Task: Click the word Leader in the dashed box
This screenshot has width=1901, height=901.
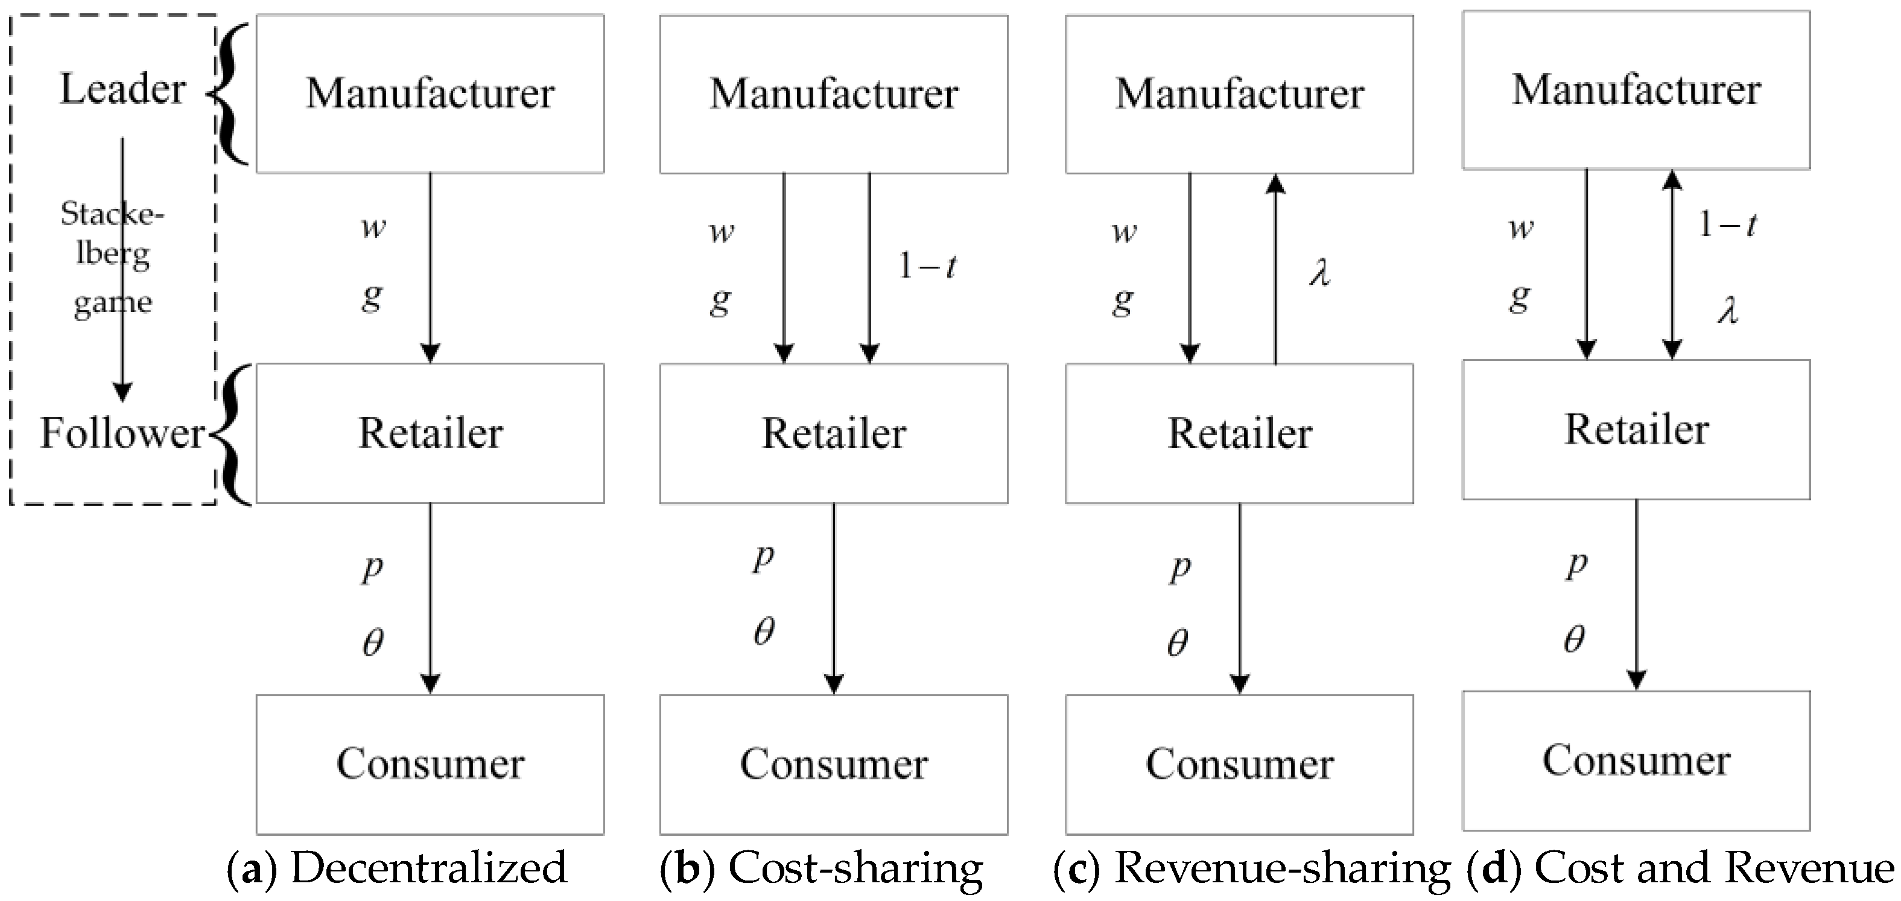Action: (122, 89)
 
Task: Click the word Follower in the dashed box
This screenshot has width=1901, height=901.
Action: (122, 433)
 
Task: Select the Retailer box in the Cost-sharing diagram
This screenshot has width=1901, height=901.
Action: (833, 433)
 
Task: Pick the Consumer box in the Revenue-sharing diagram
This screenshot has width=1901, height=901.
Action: (1239, 764)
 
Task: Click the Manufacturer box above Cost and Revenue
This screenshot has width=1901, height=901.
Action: (1636, 90)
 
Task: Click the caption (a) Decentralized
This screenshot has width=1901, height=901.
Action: (397, 868)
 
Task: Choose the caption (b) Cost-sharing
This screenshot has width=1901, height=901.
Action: (820, 868)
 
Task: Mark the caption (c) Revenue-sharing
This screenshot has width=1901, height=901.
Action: (1251, 868)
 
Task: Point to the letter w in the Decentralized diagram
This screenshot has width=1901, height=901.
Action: (373, 228)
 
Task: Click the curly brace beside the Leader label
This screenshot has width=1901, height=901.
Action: (232, 93)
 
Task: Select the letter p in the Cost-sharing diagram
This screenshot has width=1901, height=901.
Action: (763, 557)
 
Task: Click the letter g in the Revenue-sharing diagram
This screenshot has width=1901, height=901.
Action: (1123, 301)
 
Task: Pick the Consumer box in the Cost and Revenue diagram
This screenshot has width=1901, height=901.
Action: (1636, 760)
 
